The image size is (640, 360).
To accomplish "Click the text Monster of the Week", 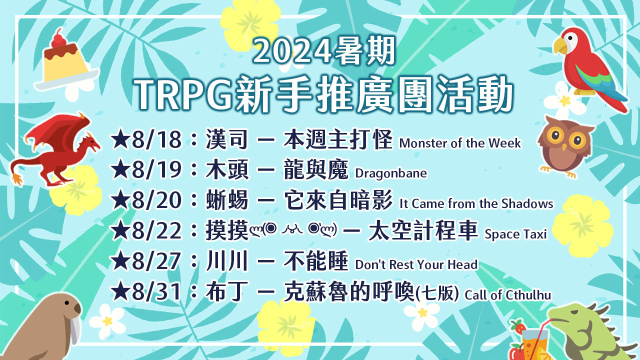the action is pyautogui.click(x=460, y=143).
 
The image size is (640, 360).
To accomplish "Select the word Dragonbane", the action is pyautogui.click(x=391, y=173).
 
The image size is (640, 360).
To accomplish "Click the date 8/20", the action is pyautogui.click(x=156, y=200).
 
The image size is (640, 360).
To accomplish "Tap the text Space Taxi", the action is pyautogui.click(x=515, y=234).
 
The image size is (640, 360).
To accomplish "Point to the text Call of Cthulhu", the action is pyautogui.click(x=507, y=295).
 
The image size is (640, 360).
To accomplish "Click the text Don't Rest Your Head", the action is pyautogui.click(x=416, y=264).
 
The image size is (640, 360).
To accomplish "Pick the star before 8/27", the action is pyautogui.click(x=120, y=260).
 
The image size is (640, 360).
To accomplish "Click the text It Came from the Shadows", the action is pyautogui.click(x=476, y=203).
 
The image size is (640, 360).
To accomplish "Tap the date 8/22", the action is pyautogui.click(x=156, y=230).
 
